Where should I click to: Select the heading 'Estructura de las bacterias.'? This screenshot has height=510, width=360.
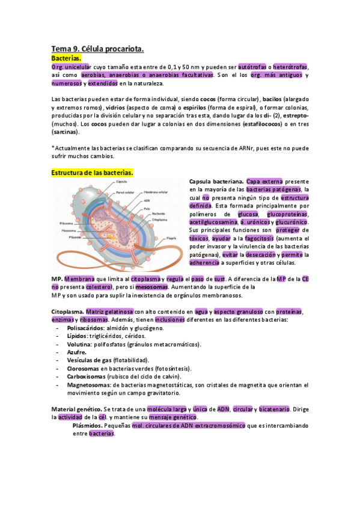click(x=92, y=173)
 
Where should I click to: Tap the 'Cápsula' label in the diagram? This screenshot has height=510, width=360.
click(x=121, y=182)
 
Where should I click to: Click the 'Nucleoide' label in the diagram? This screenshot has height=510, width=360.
click(x=159, y=213)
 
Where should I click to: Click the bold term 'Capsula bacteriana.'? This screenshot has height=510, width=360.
click(x=216, y=182)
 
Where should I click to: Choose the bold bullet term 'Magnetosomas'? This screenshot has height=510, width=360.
click(x=89, y=384)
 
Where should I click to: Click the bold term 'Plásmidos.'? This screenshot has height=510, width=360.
click(x=91, y=425)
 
